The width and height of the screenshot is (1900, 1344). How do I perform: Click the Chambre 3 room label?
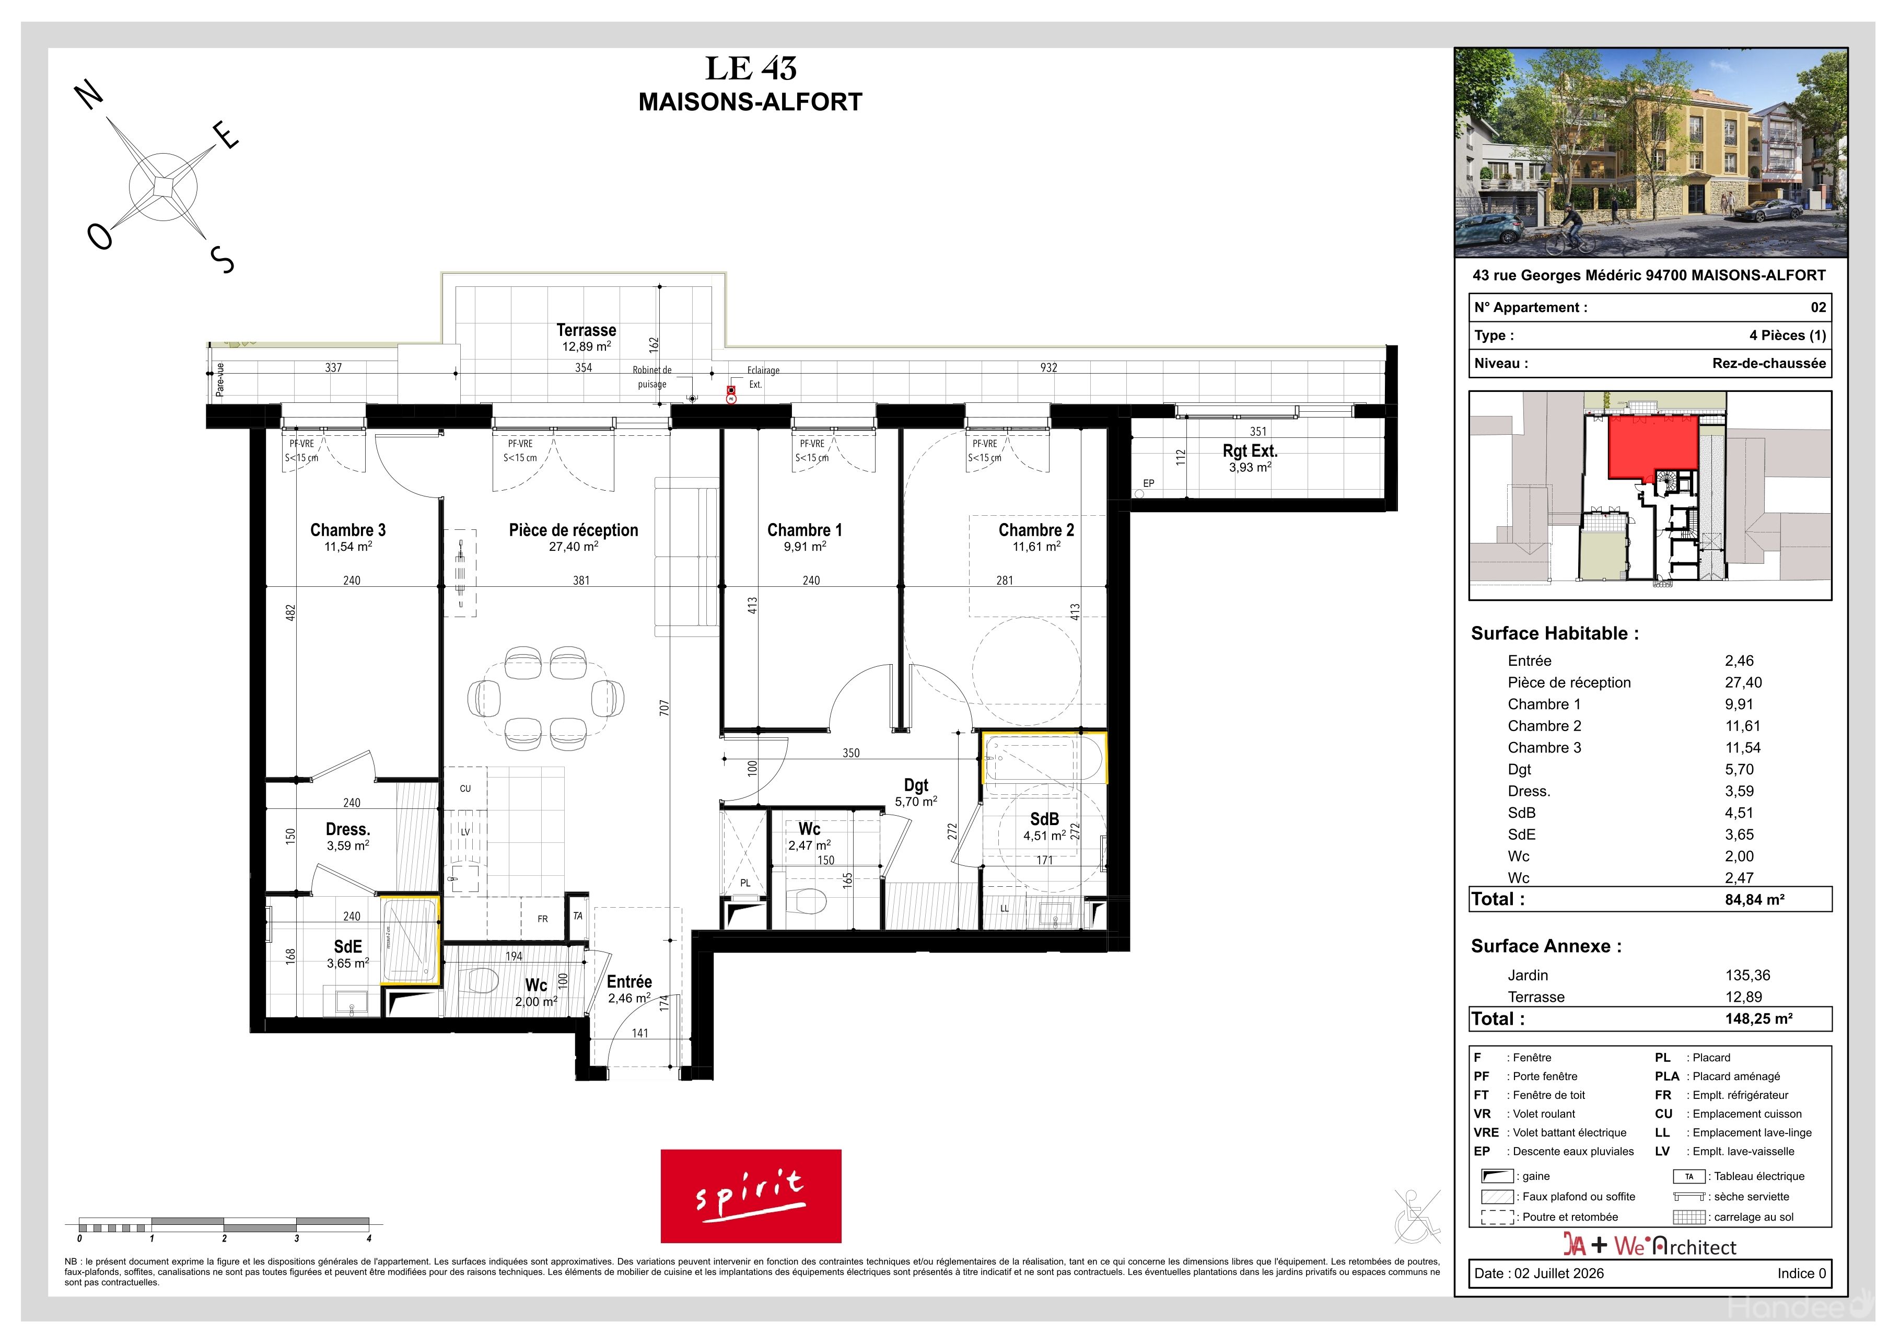[x=347, y=530]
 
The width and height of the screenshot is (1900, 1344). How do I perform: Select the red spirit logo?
[x=751, y=1196]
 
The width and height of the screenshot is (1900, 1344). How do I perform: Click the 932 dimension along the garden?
[x=1048, y=367]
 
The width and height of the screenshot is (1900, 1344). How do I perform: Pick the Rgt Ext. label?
[x=1250, y=451]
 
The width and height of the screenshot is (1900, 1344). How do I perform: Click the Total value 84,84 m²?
[x=1754, y=900]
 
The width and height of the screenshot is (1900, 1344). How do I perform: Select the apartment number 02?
[x=1818, y=307]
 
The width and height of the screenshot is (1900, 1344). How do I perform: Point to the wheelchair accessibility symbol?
[x=1417, y=1216]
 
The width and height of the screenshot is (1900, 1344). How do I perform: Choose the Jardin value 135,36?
[x=1748, y=976]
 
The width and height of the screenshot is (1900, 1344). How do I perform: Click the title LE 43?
[x=751, y=68]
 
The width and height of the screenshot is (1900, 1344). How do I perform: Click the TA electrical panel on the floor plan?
[x=578, y=916]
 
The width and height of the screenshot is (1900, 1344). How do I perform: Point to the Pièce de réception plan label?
[x=574, y=530]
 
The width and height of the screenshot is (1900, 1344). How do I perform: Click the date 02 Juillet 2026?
[x=1559, y=1273]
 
